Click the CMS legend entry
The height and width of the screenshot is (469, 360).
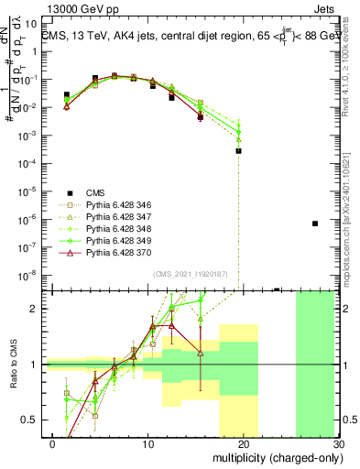[x=96, y=192]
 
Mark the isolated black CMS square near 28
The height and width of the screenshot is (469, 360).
[x=314, y=224]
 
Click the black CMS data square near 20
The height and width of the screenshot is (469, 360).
[x=238, y=151]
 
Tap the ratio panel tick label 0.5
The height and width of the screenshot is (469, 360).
[x=32, y=420]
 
